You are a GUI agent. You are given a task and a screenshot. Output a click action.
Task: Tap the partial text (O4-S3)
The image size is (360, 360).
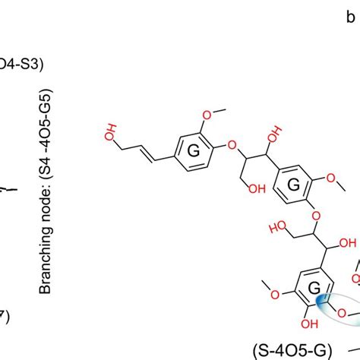[x=23, y=65]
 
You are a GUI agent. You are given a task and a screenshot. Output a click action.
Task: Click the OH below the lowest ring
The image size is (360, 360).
[x=308, y=344]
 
